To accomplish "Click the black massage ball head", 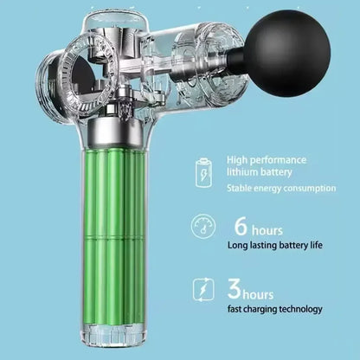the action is (x=288, y=54).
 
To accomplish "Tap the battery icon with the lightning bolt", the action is (x=204, y=173).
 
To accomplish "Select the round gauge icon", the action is (x=203, y=227).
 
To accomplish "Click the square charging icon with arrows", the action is (x=203, y=290).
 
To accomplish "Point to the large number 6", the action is (x=241, y=227).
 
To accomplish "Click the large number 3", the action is (x=234, y=288).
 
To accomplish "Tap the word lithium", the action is (x=241, y=172).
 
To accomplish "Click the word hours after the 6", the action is (x=267, y=231).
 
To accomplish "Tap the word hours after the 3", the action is (x=258, y=294).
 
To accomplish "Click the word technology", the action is (x=300, y=309).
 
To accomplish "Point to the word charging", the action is (x=260, y=310).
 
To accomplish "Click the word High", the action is (x=237, y=160).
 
